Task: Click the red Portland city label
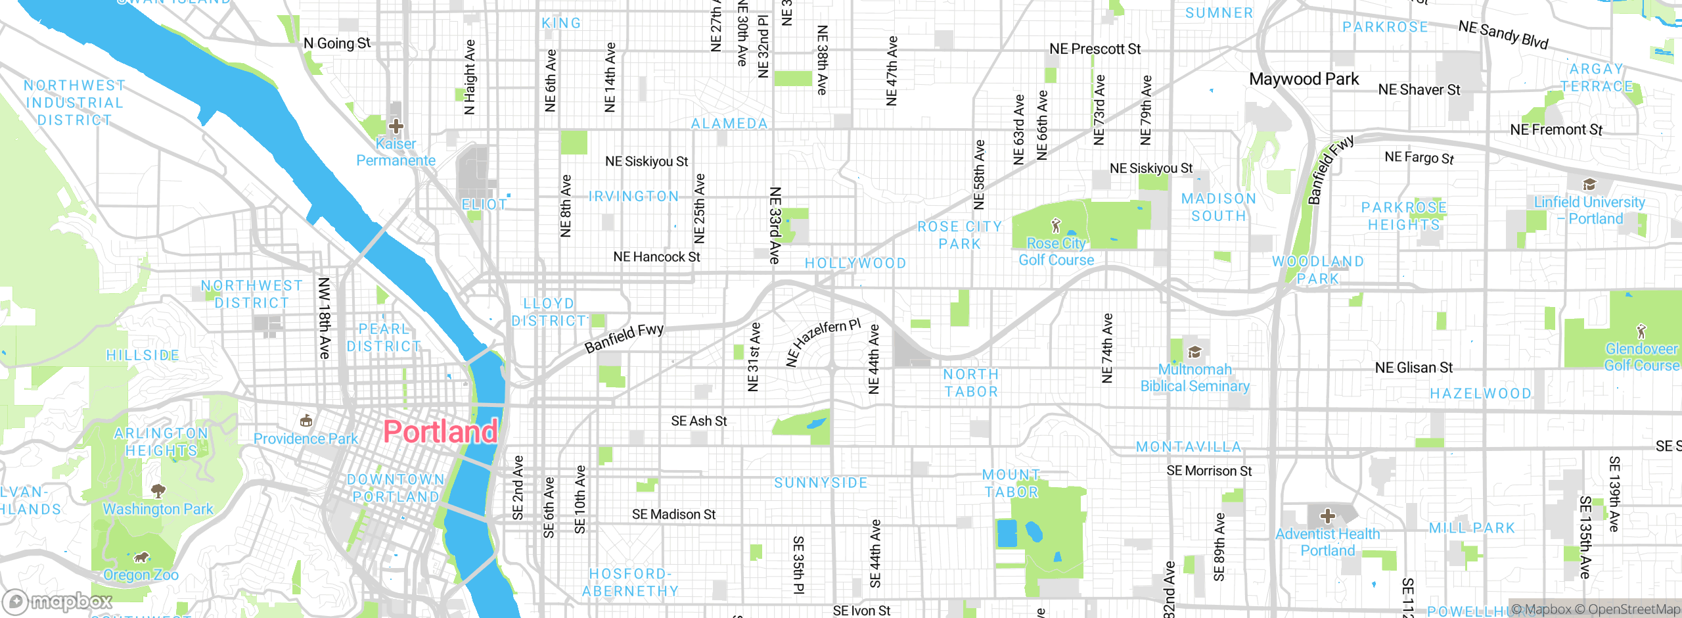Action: [x=440, y=432]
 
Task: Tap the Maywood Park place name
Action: [x=1304, y=80]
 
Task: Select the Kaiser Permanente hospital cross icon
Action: [x=396, y=126]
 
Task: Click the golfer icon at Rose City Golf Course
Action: [x=1056, y=226]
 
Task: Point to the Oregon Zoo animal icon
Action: [x=141, y=558]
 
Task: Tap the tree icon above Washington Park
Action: [x=158, y=490]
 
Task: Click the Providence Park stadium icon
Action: [x=306, y=421]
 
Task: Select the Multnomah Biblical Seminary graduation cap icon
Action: [x=1194, y=352]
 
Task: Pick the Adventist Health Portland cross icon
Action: [x=1327, y=515]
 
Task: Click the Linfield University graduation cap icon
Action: [x=1589, y=184]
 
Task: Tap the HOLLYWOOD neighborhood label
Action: [x=855, y=264]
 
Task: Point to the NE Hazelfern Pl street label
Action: [x=823, y=342]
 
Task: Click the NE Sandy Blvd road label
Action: [x=1503, y=35]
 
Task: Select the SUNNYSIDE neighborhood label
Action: [x=821, y=483]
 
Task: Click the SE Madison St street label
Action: [x=673, y=515]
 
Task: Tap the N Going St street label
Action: [x=337, y=43]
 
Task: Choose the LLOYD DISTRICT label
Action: [x=549, y=312]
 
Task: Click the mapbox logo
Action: [x=58, y=602]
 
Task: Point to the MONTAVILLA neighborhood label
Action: [x=1189, y=447]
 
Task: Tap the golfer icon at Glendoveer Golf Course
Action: [x=1641, y=331]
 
